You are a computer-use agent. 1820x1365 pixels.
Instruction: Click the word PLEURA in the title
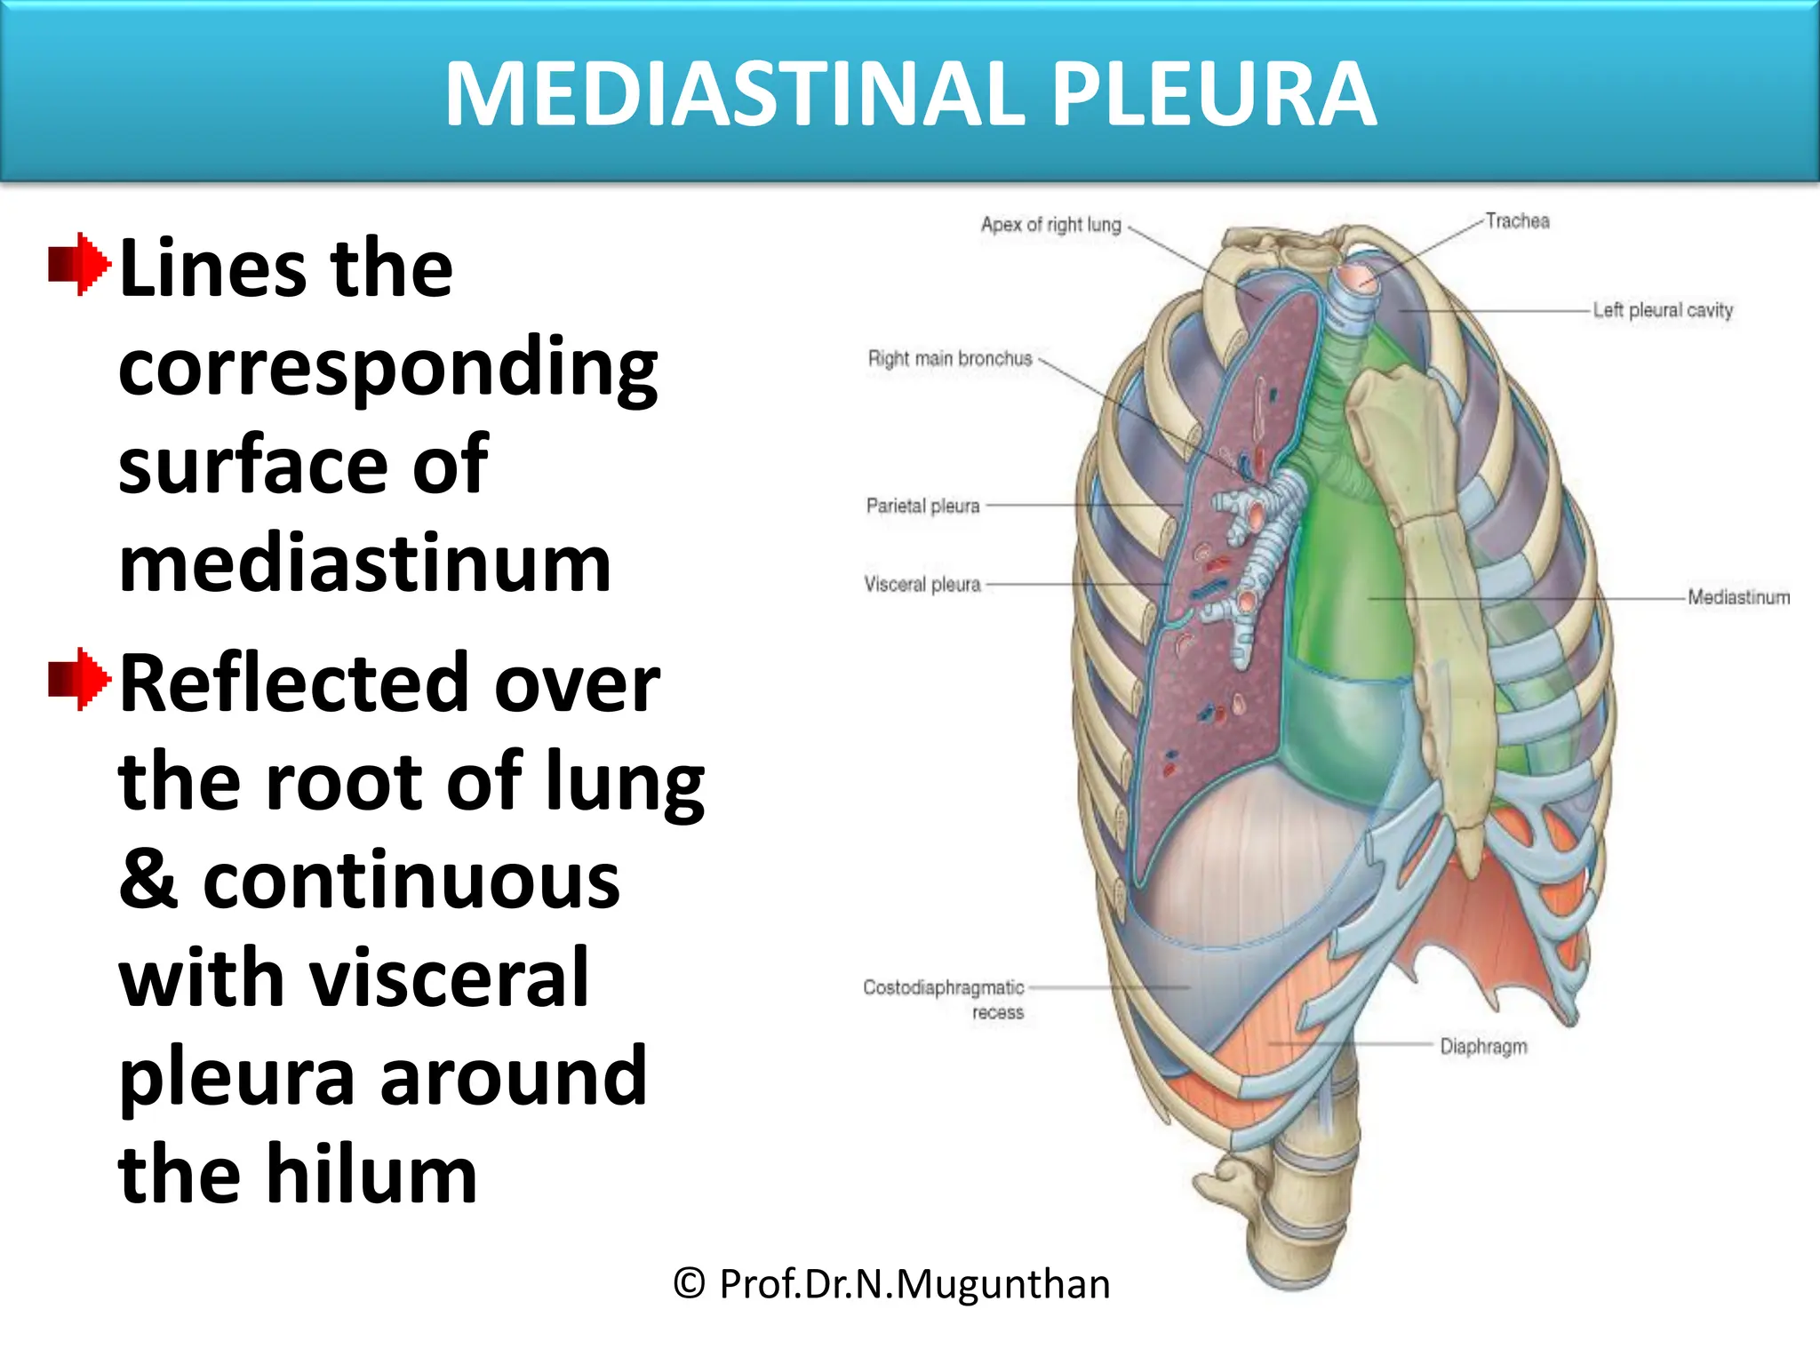[x=1213, y=94]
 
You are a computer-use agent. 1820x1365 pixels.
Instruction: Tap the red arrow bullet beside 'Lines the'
[x=80, y=264]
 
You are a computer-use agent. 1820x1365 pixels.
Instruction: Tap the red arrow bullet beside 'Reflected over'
[x=80, y=679]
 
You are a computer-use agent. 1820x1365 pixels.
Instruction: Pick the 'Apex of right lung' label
[x=1050, y=225]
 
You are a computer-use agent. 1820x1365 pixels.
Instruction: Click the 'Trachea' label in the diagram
[x=1517, y=221]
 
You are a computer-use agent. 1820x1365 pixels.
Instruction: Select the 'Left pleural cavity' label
[x=1662, y=310]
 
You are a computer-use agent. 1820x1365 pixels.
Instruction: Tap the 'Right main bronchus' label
[x=949, y=359]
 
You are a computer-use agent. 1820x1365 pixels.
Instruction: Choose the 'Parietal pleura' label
[x=922, y=506]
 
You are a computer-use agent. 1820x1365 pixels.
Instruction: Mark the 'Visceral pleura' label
[x=922, y=585]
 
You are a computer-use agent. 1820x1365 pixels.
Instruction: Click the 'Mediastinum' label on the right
[x=1738, y=597]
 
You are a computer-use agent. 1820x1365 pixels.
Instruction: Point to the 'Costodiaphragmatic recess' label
[x=944, y=999]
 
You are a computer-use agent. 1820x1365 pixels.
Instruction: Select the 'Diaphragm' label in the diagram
[x=1483, y=1047]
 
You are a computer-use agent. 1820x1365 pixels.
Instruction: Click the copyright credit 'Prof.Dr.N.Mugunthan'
[x=891, y=1283]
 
